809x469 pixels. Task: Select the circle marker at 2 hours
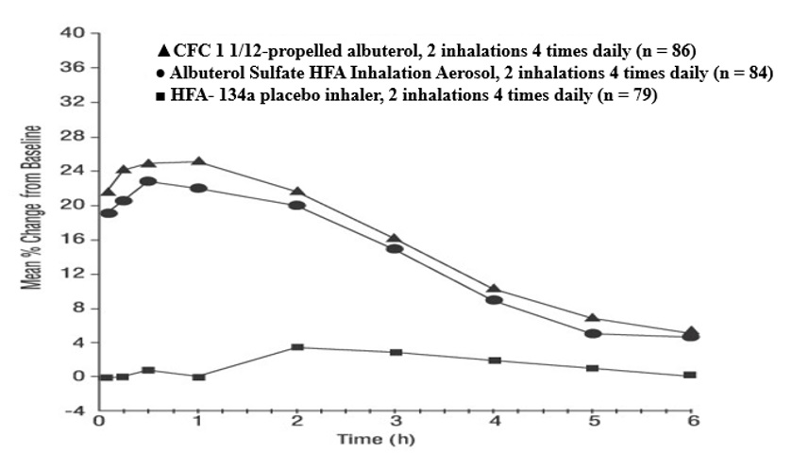tap(296, 205)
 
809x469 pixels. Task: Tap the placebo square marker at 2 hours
tap(296, 347)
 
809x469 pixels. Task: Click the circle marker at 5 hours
tap(593, 333)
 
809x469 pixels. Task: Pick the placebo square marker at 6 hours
tap(690, 375)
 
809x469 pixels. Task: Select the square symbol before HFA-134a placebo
tap(163, 96)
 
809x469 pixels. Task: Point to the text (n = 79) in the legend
tap(630, 96)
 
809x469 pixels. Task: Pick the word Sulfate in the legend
tap(272, 73)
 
